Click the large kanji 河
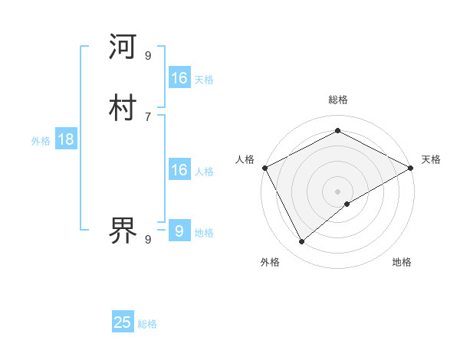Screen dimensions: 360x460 click(123, 47)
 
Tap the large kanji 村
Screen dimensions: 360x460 click(123, 107)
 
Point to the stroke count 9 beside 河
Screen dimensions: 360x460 click(148, 55)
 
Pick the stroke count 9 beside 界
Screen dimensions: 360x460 click(148, 240)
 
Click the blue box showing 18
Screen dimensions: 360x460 click(66, 139)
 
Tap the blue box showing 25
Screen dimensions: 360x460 click(123, 322)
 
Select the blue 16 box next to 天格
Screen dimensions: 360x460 click(179, 78)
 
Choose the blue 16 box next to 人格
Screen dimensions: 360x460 click(179, 170)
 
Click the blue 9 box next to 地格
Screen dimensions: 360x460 click(179, 231)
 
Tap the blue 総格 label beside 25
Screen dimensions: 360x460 click(147, 325)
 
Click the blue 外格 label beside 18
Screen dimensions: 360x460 click(40, 141)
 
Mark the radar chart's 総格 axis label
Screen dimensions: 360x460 click(338, 100)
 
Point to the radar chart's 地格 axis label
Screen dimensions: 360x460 click(402, 263)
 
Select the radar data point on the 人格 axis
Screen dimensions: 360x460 click(264, 168)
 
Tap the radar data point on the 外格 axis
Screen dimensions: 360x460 click(302, 242)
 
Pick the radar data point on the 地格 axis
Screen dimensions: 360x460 click(347, 204)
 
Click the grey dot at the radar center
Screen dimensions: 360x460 click(338, 191)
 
